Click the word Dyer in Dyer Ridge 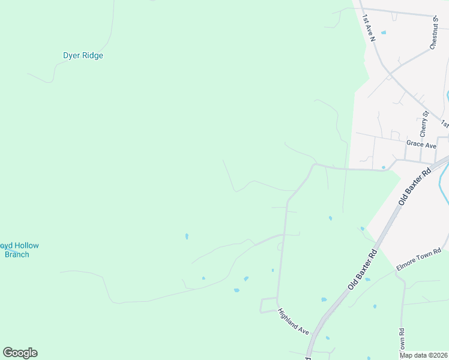click(72, 56)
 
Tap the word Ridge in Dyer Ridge click(92, 56)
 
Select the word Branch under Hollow click(17, 254)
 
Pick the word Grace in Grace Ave click(415, 145)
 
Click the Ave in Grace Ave click(430, 145)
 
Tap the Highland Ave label click(293, 322)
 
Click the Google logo click(20, 353)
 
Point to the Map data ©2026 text click(424, 355)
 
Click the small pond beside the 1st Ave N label click(384, 32)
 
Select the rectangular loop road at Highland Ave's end click(268, 305)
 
